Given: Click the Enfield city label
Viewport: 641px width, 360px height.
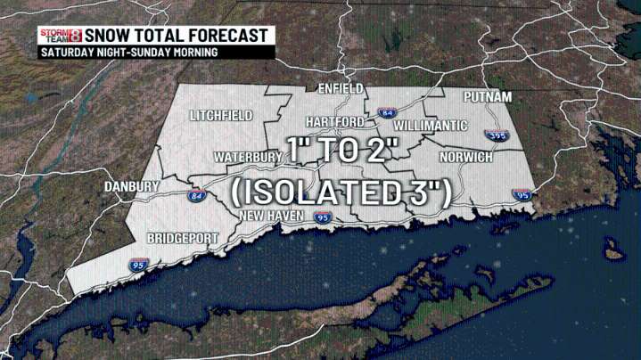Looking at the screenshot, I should pos(340,89).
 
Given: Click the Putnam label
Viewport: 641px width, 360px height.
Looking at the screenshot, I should pos(488,96).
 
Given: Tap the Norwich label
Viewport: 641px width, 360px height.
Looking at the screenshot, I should pos(466,158).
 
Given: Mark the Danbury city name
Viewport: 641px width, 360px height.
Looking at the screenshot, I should pos(130,187).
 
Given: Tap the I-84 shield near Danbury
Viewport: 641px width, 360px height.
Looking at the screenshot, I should pos(196,195).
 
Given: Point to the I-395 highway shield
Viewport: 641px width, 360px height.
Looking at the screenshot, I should pos(491,135).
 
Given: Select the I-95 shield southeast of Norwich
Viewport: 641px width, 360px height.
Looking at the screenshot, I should pos(522,194).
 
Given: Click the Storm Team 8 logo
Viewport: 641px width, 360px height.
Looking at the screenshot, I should pos(61,36).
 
